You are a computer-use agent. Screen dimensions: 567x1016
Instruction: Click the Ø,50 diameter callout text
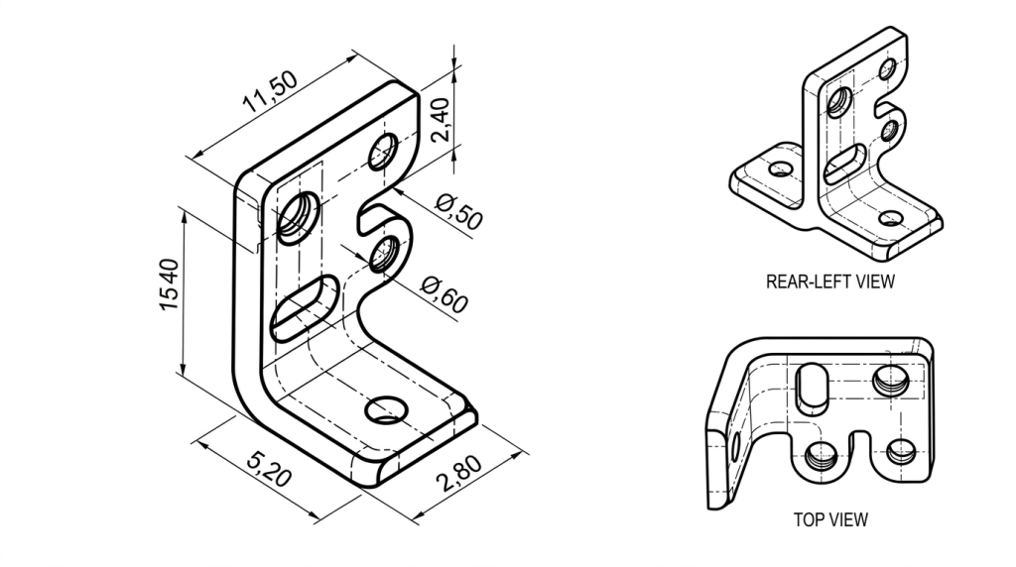click(x=459, y=211)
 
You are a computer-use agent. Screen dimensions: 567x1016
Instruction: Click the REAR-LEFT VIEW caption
click(x=829, y=282)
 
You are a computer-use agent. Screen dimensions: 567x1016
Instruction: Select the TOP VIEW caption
click(x=830, y=518)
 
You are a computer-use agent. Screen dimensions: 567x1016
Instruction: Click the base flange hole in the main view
click(x=386, y=408)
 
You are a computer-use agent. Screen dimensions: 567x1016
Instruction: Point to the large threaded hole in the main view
click(x=299, y=216)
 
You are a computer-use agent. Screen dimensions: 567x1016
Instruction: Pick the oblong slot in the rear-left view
click(x=845, y=164)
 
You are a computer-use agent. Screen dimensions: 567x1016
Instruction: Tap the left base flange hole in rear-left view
click(x=781, y=170)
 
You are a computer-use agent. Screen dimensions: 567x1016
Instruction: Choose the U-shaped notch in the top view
click(x=859, y=444)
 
